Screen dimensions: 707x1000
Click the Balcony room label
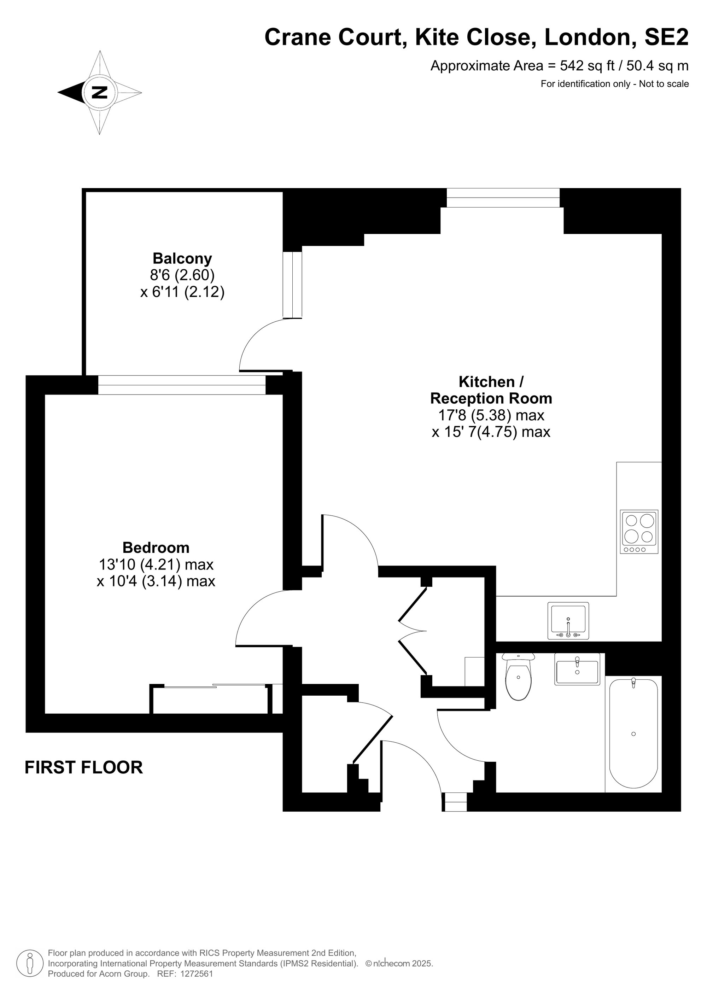pyautogui.click(x=182, y=258)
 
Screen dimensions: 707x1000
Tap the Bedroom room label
pyautogui.click(x=156, y=548)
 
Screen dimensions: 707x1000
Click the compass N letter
pyautogui.click(x=100, y=92)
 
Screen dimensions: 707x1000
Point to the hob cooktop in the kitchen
pyautogui.click(x=639, y=532)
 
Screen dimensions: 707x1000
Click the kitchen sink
pyautogui.click(x=568, y=621)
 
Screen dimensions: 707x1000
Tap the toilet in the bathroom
pyautogui.click(x=518, y=676)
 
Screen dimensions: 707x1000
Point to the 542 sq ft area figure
pyautogui.click(x=587, y=66)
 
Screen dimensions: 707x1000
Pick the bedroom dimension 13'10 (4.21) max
pyautogui.click(x=156, y=565)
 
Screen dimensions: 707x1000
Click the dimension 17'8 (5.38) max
pyautogui.click(x=491, y=415)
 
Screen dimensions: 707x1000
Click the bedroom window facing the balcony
pyautogui.click(x=182, y=385)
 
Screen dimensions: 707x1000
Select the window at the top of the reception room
pyautogui.click(x=503, y=198)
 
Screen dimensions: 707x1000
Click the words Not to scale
pyautogui.click(x=664, y=84)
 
